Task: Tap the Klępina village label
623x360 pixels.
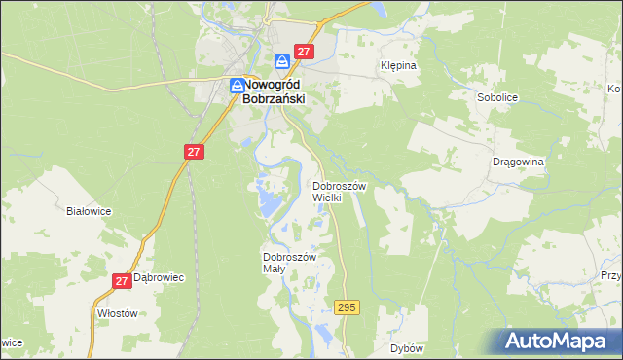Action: click(397, 66)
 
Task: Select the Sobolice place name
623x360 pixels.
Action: click(496, 98)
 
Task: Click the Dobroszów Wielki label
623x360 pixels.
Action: click(339, 191)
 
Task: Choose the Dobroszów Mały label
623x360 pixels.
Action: click(290, 263)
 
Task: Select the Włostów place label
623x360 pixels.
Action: click(118, 313)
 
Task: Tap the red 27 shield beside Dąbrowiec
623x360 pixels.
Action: click(122, 281)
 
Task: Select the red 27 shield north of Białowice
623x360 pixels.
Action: click(194, 152)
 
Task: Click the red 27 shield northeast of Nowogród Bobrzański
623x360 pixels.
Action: click(304, 53)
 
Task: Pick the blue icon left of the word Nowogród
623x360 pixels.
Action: click(238, 86)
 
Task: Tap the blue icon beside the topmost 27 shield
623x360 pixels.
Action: click(282, 60)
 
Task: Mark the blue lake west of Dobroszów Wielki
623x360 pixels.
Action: click(266, 202)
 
